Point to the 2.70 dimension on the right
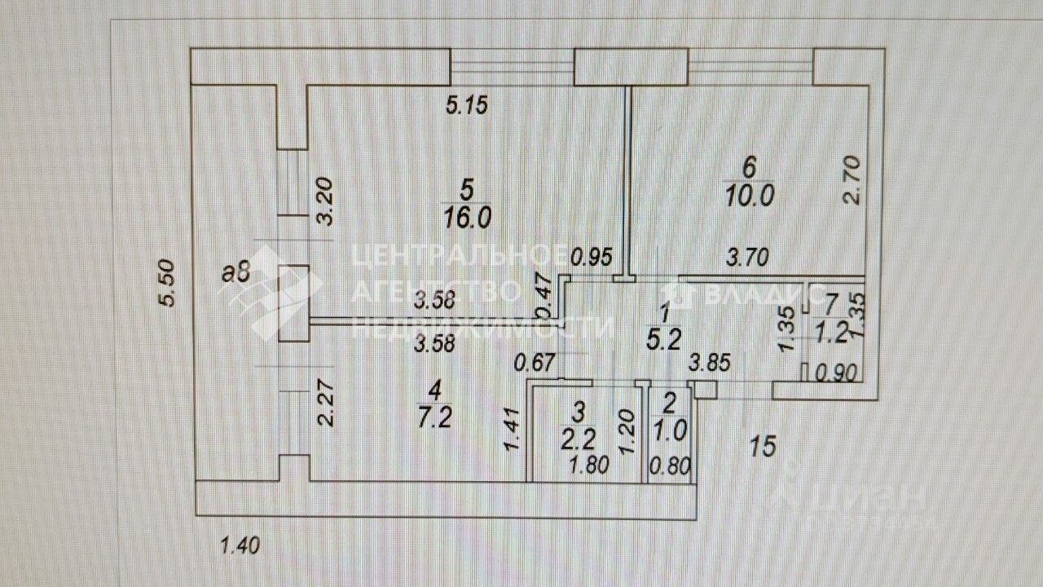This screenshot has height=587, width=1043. point(852,180)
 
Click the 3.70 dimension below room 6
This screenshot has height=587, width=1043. point(747,259)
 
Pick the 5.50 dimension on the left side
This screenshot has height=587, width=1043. point(166,284)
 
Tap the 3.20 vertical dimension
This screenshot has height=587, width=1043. point(324,204)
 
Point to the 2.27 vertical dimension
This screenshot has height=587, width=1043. point(326,406)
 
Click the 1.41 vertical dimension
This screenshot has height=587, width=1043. point(512,431)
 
